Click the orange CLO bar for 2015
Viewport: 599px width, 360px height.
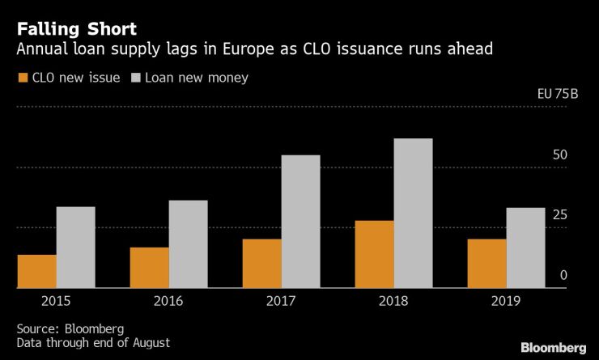click(37, 271)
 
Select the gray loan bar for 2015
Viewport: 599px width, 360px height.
click(75, 247)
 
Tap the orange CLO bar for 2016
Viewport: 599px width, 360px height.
click(150, 267)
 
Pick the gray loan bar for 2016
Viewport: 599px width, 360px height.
click(188, 244)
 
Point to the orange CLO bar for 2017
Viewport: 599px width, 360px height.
click(262, 263)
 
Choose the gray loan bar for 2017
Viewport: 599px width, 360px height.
click(300, 221)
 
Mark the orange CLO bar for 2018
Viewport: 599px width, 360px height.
click(375, 254)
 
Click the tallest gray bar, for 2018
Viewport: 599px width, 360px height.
click(413, 213)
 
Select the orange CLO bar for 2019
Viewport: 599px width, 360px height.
click(487, 263)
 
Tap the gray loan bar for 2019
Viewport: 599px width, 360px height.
click(525, 248)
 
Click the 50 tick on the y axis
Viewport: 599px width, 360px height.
click(559, 155)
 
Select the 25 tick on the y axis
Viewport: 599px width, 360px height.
click(559, 215)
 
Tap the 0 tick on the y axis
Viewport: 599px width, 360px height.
click(563, 276)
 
